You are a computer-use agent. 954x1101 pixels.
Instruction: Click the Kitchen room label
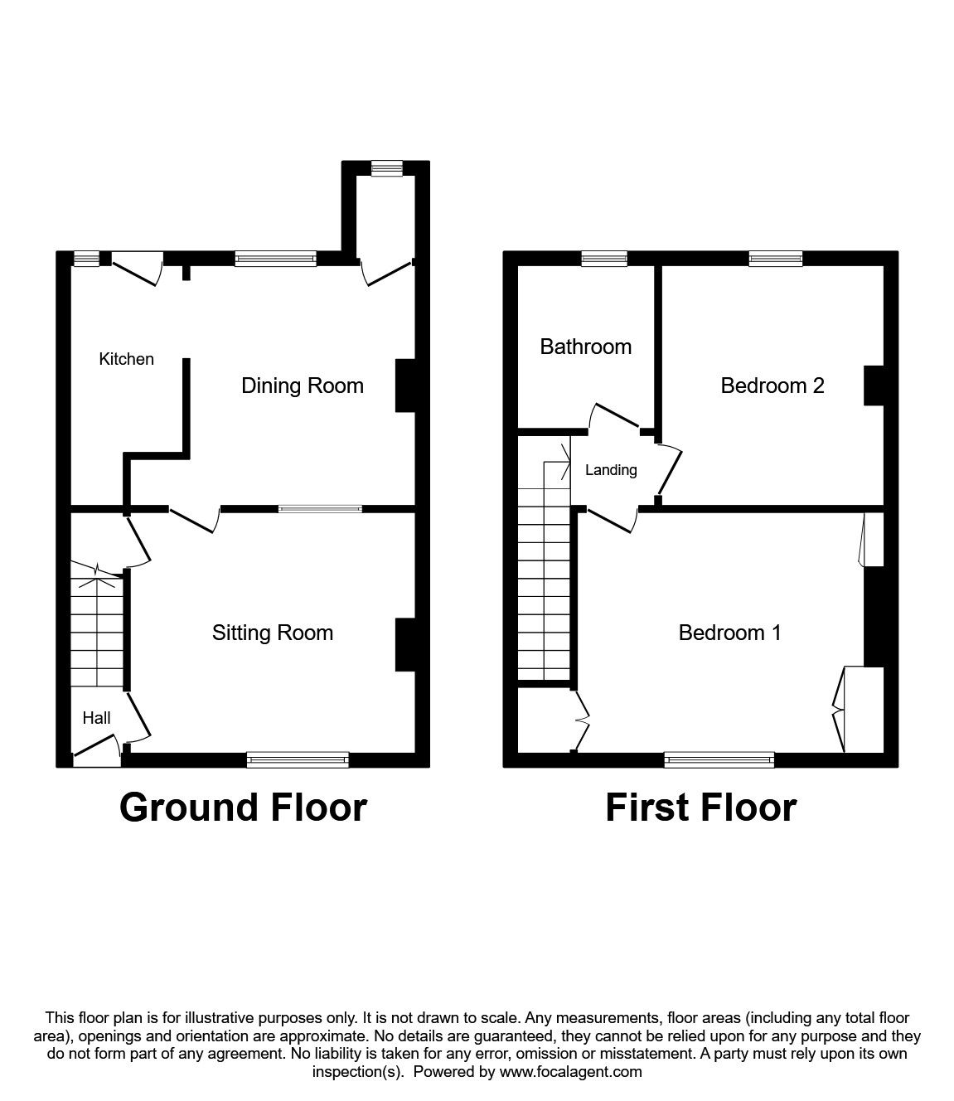click(126, 359)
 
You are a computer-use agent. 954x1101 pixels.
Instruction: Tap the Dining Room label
click(302, 386)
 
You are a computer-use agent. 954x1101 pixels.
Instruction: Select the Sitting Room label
click(272, 633)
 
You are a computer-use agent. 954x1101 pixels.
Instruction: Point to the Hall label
click(96, 718)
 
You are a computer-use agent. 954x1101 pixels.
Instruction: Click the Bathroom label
click(585, 347)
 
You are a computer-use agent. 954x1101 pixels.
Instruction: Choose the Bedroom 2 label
click(772, 386)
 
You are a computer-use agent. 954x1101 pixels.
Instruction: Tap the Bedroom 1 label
click(729, 633)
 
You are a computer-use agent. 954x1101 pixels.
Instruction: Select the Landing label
click(611, 470)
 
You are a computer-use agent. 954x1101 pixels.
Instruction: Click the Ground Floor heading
click(243, 807)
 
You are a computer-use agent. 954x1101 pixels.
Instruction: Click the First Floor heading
click(700, 807)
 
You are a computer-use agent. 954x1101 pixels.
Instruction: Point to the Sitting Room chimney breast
click(405, 644)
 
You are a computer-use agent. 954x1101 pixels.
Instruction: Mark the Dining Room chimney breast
click(405, 385)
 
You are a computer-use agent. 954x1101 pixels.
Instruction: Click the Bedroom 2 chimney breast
click(873, 386)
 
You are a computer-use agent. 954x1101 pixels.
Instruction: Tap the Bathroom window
click(603, 259)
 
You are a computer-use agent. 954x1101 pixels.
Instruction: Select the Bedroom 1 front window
click(719, 759)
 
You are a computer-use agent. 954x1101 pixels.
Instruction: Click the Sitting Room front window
click(298, 759)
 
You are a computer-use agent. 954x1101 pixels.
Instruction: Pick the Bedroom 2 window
click(775, 259)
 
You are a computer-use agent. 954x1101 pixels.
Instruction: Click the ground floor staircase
click(97, 630)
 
